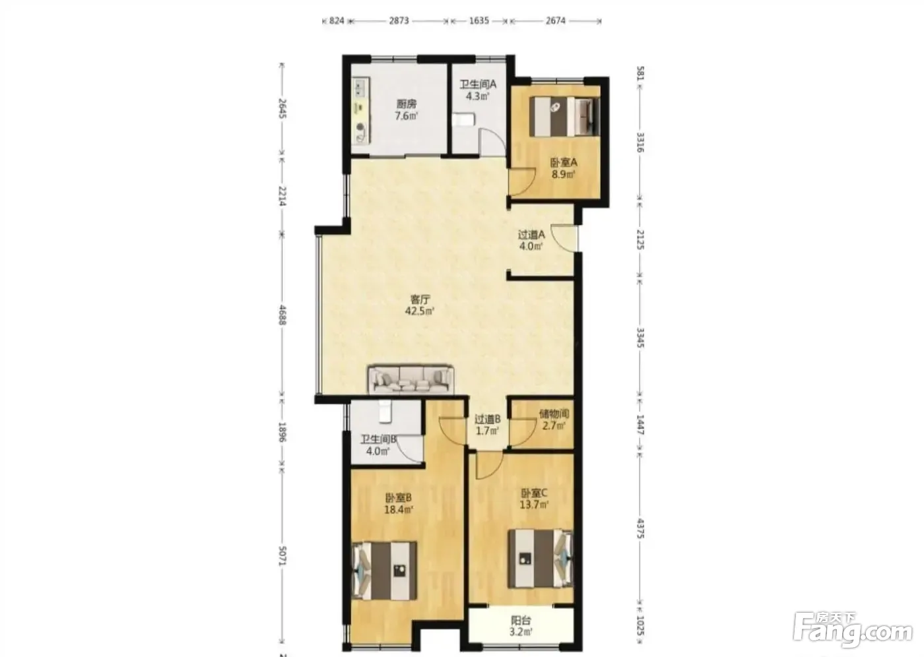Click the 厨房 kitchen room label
pyautogui.click(x=407, y=104)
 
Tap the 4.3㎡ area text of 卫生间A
pyautogui.click(x=478, y=96)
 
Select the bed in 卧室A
pyautogui.click(x=564, y=116)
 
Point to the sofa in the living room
pyautogui.click(x=411, y=379)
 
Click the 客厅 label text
pyautogui.click(x=420, y=299)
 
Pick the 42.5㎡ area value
pyautogui.click(x=420, y=311)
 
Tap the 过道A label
pyautogui.click(x=531, y=235)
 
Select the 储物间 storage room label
pyautogui.click(x=554, y=414)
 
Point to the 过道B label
pyautogui.click(x=488, y=420)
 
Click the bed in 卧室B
pyautogui.click(x=383, y=571)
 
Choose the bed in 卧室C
pyautogui.click(x=541, y=559)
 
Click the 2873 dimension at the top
pyautogui.click(x=399, y=20)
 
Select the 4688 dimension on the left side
pyautogui.click(x=282, y=315)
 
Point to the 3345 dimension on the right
pyautogui.click(x=640, y=338)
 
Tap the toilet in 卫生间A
pyautogui.click(x=463, y=120)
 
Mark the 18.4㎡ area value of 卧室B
pyautogui.click(x=399, y=510)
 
